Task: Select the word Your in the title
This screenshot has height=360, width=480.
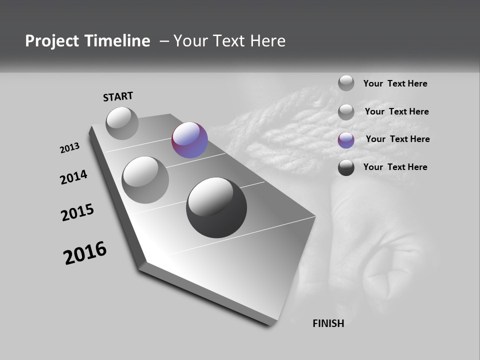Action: tap(192, 41)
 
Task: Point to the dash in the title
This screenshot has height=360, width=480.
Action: tap(163, 41)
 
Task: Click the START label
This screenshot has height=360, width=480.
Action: tap(118, 96)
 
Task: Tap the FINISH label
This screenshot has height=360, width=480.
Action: tap(328, 323)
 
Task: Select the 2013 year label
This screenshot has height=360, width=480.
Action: tap(69, 148)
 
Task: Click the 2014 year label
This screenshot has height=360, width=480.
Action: tap(73, 177)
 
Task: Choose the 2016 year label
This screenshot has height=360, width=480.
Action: tap(85, 253)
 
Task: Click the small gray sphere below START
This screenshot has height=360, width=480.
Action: tap(122, 123)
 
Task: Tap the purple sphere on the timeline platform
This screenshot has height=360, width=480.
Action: tap(189, 140)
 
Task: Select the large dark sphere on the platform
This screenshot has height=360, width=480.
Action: tap(216, 207)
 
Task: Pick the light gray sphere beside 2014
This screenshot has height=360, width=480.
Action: tap(145, 180)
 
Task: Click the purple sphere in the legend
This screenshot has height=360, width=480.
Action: tap(346, 140)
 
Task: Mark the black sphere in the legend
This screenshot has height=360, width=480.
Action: tap(346, 168)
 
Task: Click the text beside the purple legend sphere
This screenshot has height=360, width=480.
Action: tap(397, 139)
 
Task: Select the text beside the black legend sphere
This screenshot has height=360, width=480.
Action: tap(395, 167)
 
